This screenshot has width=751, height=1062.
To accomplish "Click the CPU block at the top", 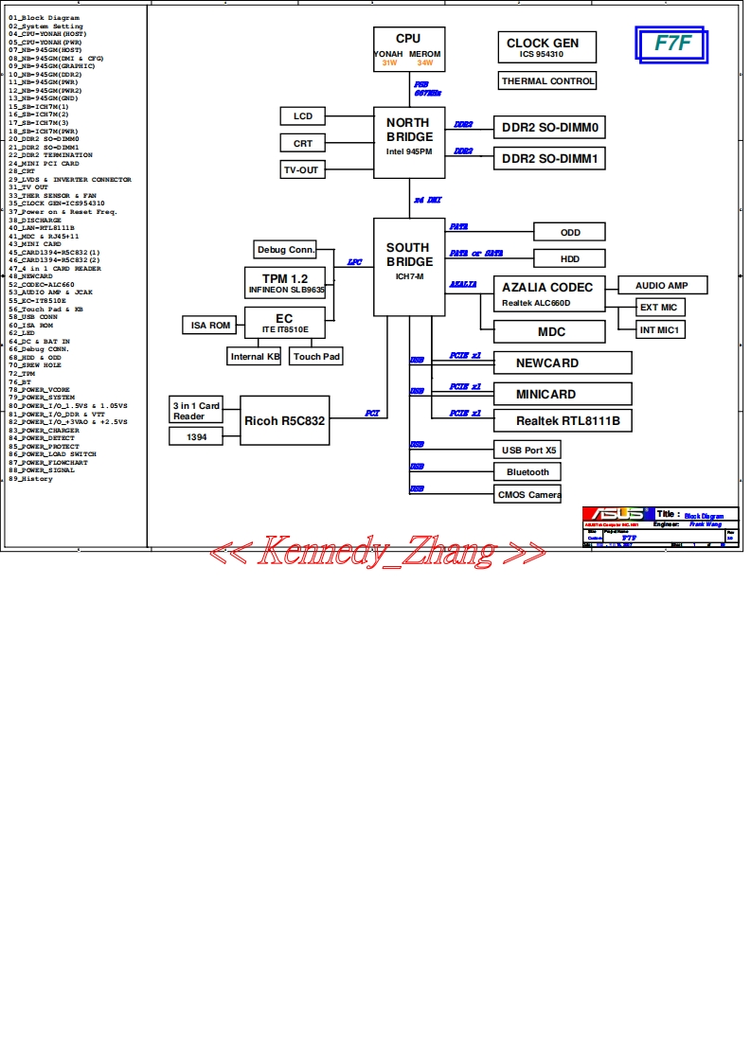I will [408, 50].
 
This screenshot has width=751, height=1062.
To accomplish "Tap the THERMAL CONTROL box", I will [548, 81].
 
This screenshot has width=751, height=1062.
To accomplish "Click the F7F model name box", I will [672, 44].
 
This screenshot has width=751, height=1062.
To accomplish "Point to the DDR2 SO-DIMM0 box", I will [549, 127].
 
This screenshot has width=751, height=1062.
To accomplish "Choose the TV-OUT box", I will [302, 169].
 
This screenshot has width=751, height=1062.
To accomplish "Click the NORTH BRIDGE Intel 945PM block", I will [408, 142].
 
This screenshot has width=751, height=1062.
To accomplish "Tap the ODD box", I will [570, 233].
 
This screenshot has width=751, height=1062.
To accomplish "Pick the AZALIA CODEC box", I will [548, 293].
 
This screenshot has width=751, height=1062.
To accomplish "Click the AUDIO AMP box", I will [662, 285].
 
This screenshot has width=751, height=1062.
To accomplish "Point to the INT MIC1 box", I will [661, 329].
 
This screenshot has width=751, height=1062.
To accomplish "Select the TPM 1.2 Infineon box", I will [285, 283].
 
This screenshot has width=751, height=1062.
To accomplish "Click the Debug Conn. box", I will [285, 250].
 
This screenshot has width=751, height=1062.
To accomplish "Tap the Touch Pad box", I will [316, 357].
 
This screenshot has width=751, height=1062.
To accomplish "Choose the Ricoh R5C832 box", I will [284, 419].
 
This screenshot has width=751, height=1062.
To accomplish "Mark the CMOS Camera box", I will [528, 494].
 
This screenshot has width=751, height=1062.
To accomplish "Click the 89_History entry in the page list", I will [31, 479].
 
